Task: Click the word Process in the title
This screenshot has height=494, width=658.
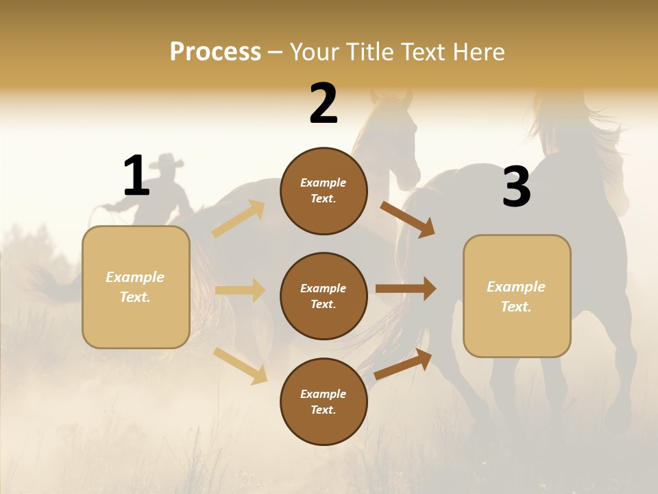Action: tap(215, 52)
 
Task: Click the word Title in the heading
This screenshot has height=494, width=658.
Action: tap(370, 52)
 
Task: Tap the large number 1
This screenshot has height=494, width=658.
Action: tap(136, 176)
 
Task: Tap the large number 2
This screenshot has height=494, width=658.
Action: tap(324, 104)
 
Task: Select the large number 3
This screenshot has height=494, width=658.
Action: tap(516, 187)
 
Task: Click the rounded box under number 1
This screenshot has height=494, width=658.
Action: tap(136, 287)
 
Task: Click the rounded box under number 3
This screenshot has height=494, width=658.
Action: tap(517, 296)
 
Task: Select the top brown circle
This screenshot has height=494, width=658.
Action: tap(324, 191)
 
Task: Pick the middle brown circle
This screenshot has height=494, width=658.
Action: tap(324, 296)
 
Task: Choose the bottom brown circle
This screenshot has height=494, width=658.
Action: tap(324, 402)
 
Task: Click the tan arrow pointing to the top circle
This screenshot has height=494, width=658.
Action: tap(239, 219)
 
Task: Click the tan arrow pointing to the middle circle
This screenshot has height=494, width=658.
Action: tap(240, 290)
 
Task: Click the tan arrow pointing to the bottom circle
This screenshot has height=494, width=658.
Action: tap(240, 365)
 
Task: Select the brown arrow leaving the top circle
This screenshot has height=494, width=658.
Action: tap(408, 220)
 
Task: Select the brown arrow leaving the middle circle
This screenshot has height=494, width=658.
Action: tap(406, 289)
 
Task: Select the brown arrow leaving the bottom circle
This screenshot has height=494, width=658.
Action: tap(404, 364)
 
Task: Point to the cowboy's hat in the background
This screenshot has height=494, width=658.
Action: tap(167, 163)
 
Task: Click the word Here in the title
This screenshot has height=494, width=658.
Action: tap(478, 52)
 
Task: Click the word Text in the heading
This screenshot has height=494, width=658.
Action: tap(424, 52)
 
